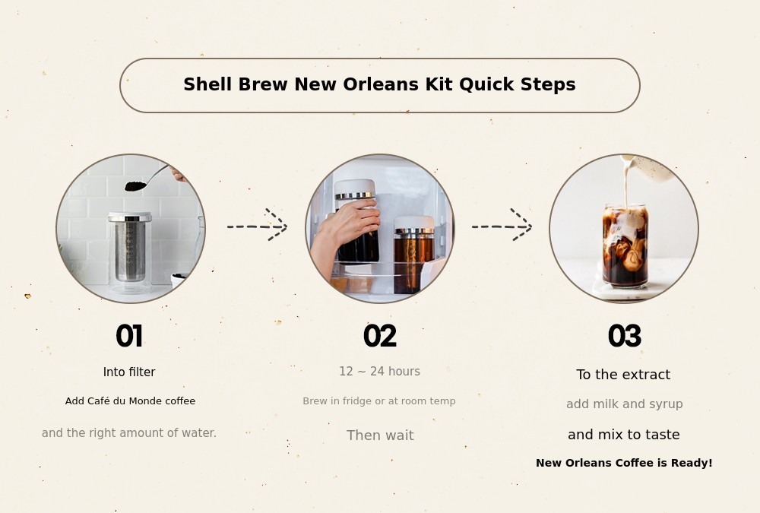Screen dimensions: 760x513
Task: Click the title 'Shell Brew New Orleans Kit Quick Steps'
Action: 379,84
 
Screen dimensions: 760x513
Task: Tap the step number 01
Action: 129,336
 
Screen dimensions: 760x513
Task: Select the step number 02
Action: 380,336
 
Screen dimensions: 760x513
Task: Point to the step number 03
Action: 625,336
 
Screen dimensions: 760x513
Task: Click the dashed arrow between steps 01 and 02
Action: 258,226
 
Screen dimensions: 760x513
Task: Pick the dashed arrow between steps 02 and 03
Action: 502,226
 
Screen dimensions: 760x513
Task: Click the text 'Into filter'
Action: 129,372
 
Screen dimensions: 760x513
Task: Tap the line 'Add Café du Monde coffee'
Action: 131,401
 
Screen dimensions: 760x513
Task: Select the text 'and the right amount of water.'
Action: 129,432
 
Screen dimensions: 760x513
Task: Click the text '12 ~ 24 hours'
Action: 379,372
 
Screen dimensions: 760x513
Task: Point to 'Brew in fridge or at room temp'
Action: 379,401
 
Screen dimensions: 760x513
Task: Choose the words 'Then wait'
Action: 381,435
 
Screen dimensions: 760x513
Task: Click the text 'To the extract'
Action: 623,375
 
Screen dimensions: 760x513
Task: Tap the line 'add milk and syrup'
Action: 624,404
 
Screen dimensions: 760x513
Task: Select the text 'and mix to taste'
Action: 624,435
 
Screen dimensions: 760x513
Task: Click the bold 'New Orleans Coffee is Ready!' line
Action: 624,463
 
